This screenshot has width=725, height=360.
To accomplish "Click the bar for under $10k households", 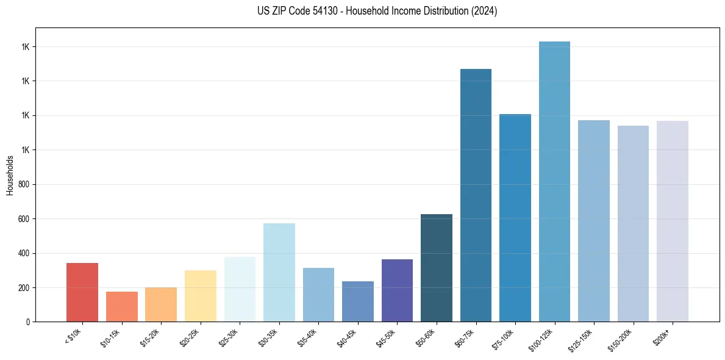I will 82,292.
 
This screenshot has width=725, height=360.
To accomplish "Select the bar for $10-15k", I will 121,306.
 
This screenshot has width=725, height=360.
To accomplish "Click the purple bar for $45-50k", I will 397,290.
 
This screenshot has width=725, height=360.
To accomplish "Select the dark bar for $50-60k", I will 437,268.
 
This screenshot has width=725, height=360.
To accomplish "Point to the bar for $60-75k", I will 476,195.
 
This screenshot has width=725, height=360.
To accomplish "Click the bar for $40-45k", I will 358,301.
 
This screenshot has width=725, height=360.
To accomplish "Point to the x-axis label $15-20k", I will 151,336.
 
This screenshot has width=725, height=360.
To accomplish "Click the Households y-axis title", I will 10,175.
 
